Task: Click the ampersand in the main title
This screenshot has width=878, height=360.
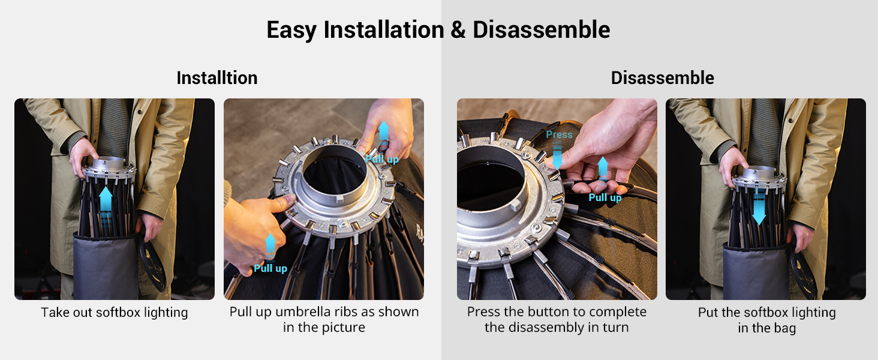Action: point(458,30)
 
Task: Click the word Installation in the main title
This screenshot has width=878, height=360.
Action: point(384,30)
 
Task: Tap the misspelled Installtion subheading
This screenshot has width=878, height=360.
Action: point(217,77)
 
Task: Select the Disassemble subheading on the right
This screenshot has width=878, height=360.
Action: point(663,77)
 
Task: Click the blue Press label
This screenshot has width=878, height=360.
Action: point(559,134)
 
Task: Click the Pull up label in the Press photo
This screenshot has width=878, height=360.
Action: point(605,197)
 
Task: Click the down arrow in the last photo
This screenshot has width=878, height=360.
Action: point(759,205)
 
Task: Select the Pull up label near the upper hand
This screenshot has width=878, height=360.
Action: point(382,159)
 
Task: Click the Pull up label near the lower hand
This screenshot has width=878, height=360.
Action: point(270,268)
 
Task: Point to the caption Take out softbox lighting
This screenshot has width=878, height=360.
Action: point(115,313)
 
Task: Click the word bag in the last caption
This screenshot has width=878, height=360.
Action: point(784,328)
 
